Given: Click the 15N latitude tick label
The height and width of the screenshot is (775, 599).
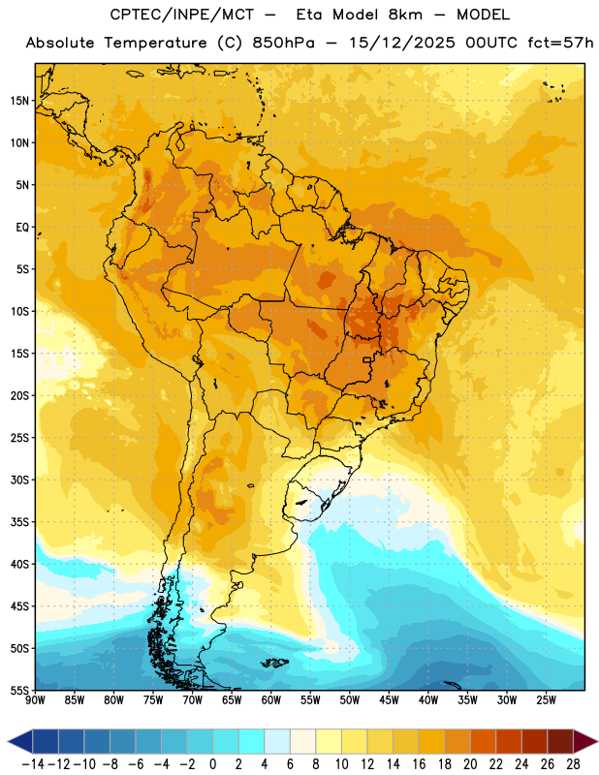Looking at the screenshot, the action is [x=19, y=101].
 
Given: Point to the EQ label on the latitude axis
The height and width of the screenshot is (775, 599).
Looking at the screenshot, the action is [x=22, y=228].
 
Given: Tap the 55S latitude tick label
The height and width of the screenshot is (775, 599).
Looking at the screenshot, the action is [x=19, y=690].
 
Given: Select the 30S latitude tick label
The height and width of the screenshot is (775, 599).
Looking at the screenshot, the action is [x=19, y=480].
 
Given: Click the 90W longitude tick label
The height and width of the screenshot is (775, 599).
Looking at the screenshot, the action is [x=35, y=700].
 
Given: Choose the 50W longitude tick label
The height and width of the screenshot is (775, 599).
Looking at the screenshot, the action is [x=350, y=700].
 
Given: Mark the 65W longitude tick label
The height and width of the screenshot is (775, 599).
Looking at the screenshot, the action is [x=232, y=700].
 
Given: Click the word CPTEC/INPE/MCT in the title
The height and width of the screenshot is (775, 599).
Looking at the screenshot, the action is [x=181, y=15].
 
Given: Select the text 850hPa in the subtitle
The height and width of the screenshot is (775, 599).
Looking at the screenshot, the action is [x=283, y=43].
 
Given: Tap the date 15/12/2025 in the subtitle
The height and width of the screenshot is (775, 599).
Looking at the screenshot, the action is [x=402, y=43].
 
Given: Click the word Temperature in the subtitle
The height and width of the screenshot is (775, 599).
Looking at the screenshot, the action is [x=155, y=43].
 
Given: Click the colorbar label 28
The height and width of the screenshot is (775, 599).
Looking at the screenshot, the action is [x=573, y=764].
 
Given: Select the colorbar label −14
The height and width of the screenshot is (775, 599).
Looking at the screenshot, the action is [x=33, y=764].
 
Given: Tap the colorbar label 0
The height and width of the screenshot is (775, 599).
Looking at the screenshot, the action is [x=212, y=764].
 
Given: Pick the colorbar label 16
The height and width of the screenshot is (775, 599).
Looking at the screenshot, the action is [x=419, y=764].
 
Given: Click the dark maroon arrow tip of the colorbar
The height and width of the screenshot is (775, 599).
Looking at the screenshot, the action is [x=585, y=741].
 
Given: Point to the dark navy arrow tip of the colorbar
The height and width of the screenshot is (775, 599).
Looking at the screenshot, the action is [x=19, y=741].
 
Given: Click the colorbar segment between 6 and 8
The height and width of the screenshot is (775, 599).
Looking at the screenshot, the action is [x=302, y=741].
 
